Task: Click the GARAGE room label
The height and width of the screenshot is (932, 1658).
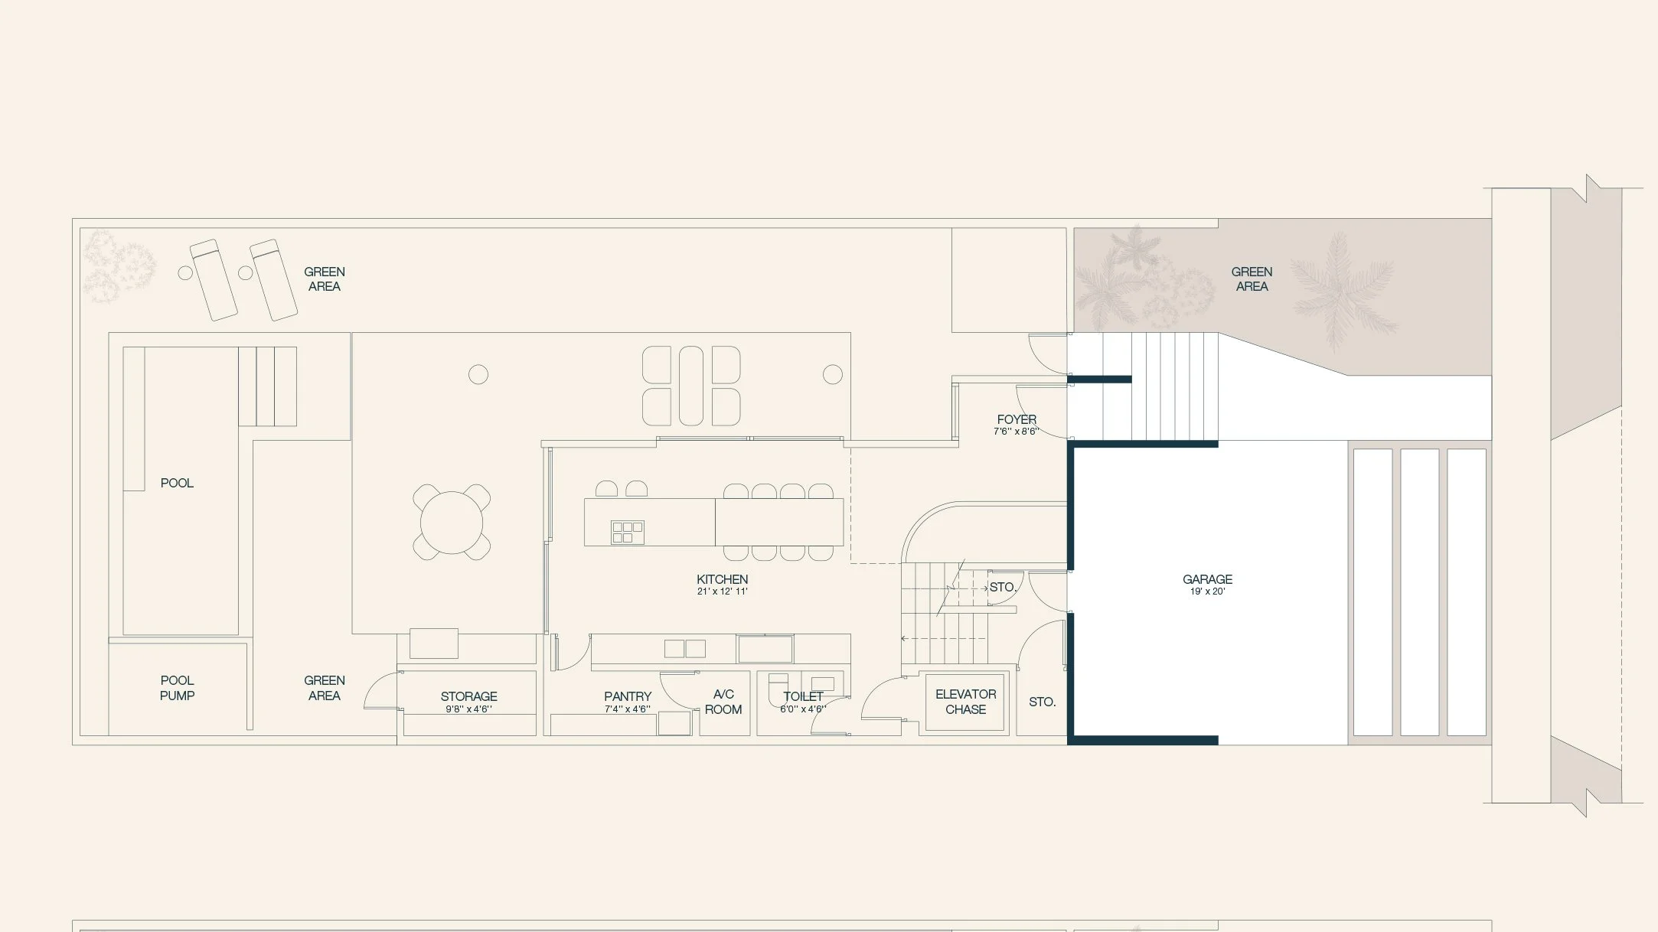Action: pyautogui.click(x=1207, y=579)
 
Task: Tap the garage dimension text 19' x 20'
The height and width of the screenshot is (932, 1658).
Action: pyautogui.click(x=1207, y=591)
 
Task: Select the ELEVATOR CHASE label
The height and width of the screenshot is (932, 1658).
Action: pyautogui.click(x=965, y=701)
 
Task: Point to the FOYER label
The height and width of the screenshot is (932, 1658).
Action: pyautogui.click(x=1017, y=419)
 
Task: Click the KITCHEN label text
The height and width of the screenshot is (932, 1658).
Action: pyautogui.click(x=722, y=579)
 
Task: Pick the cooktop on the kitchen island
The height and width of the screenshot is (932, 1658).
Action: pyautogui.click(x=627, y=532)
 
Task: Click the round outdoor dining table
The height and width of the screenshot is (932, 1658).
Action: pyautogui.click(x=452, y=523)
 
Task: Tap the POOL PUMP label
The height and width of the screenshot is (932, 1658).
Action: pyautogui.click(x=177, y=687)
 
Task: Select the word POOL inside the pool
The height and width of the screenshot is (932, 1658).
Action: pyautogui.click(x=177, y=483)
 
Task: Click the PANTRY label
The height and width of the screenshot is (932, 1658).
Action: pyautogui.click(x=627, y=696)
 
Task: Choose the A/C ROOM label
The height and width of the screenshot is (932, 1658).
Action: pyautogui.click(x=723, y=701)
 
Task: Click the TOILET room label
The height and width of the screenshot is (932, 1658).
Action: pyautogui.click(x=803, y=696)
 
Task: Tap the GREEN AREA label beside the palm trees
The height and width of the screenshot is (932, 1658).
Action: pyautogui.click(x=1252, y=279)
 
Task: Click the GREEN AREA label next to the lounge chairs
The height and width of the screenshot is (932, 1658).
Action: pyautogui.click(x=324, y=279)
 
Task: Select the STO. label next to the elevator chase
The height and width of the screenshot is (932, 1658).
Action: pyautogui.click(x=1042, y=702)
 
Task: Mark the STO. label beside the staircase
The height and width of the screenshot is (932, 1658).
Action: pyautogui.click(x=1002, y=587)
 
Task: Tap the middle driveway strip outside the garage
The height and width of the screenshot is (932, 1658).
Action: pyautogui.click(x=1419, y=591)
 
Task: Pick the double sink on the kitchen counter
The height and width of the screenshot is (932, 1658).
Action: pyautogui.click(x=684, y=649)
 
